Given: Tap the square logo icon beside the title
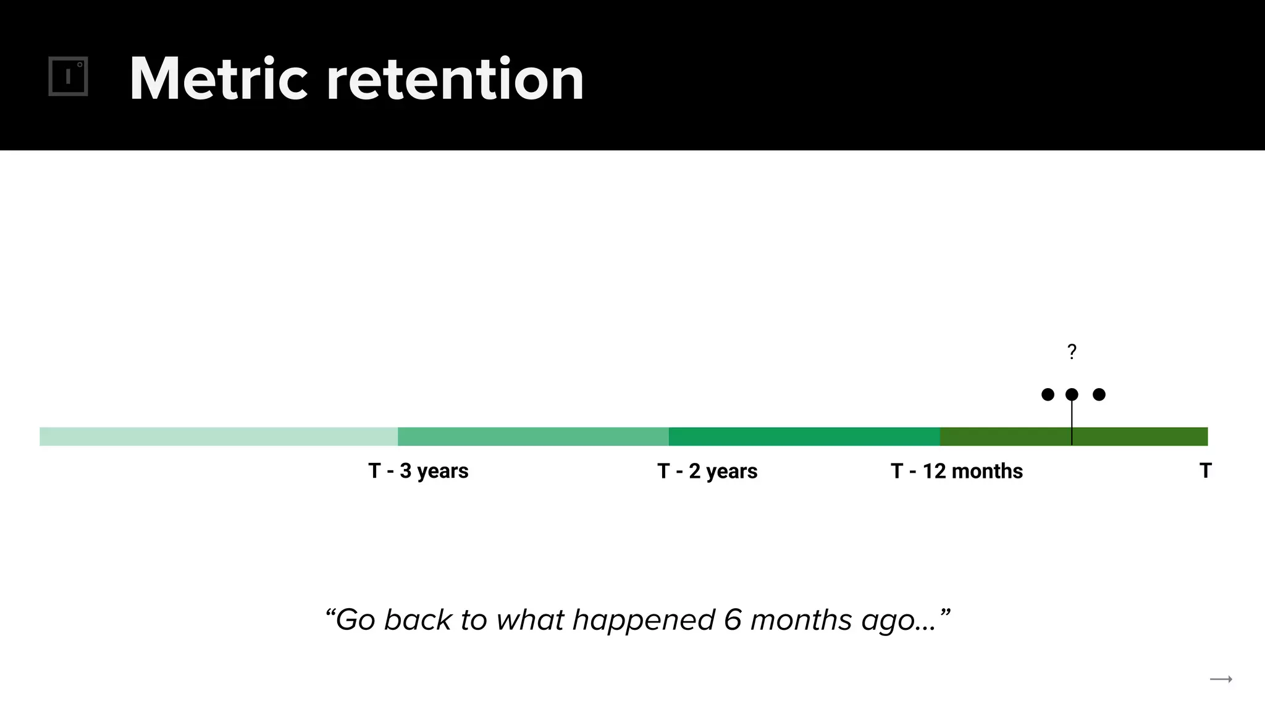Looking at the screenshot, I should pyautogui.click(x=68, y=77).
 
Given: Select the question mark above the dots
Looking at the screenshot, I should pyautogui.click(x=1072, y=352).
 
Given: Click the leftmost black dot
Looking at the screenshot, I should pyautogui.click(x=1048, y=394).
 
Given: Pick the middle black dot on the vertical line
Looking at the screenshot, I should pyautogui.click(x=1072, y=394).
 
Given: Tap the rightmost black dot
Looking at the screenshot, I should pyautogui.click(x=1099, y=394).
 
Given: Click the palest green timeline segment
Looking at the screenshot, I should pyautogui.click(x=219, y=436).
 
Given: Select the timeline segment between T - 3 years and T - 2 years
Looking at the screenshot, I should pyautogui.click(x=533, y=436).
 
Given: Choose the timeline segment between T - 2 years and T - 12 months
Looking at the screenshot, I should pyautogui.click(x=804, y=436).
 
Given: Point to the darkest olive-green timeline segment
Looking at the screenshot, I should pyautogui.click(x=1074, y=436).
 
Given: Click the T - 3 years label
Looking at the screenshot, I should pyautogui.click(x=418, y=471).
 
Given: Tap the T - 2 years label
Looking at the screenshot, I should pyautogui.click(x=707, y=471).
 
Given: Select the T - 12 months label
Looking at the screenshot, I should pyautogui.click(x=957, y=471).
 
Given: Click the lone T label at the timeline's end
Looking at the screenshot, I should pyautogui.click(x=1205, y=470).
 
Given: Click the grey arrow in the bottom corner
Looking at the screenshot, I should pyautogui.click(x=1221, y=679).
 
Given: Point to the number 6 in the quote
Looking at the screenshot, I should pyautogui.click(x=733, y=619).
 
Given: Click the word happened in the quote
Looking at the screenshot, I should pyautogui.click(x=644, y=621).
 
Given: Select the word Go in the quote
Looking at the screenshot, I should pyautogui.click(x=355, y=619).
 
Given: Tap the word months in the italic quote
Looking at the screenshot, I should pyautogui.click(x=801, y=619).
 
